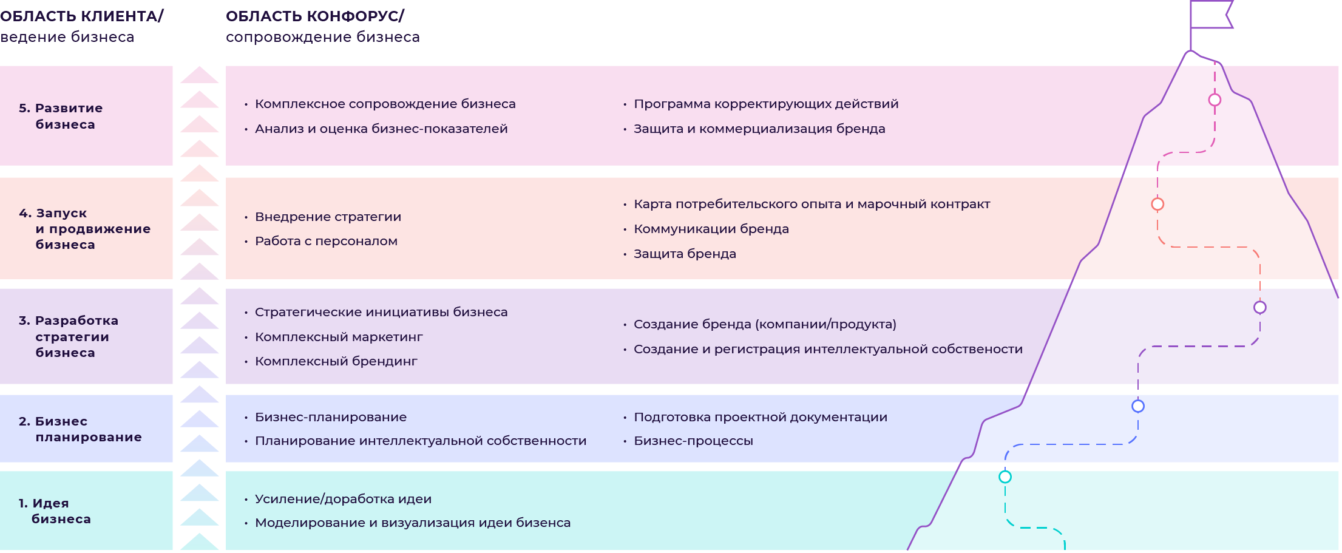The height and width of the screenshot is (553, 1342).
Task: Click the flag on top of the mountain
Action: (x=1210, y=15)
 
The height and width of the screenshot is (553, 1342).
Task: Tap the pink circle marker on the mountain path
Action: (x=1215, y=100)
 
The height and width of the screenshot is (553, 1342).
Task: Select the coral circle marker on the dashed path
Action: (x=1157, y=204)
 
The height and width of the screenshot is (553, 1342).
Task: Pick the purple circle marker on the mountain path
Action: (x=1260, y=307)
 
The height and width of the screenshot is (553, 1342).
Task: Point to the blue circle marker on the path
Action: (x=1138, y=406)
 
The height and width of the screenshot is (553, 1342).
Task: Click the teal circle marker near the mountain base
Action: (x=1005, y=477)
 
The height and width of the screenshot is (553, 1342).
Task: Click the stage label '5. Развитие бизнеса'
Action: (x=61, y=116)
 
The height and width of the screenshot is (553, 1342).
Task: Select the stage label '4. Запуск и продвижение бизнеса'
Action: (x=84, y=229)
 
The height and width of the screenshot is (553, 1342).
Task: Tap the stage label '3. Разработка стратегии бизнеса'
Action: (x=68, y=336)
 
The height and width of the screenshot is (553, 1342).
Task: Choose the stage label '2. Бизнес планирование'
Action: (x=80, y=429)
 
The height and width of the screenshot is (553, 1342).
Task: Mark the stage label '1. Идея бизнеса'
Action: (x=55, y=511)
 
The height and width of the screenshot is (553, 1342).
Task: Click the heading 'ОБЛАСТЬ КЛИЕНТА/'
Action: (x=82, y=16)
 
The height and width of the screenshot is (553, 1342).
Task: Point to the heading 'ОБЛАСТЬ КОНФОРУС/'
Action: (x=315, y=16)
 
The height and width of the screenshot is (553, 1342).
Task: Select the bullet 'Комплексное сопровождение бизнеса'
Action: (x=385, y=104)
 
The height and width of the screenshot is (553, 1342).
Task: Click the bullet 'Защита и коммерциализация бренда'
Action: (x=759, y=129)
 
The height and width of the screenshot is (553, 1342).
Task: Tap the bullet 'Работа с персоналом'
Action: (x=326, y=241)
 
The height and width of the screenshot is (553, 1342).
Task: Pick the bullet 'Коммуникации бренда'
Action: (x=711, y=229)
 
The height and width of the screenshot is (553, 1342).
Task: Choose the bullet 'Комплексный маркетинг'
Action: (x=339, y=337)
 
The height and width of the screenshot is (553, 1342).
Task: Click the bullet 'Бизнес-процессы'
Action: (x=693, y=441)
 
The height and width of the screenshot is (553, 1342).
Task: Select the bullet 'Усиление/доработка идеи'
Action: (x=343, y=499)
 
